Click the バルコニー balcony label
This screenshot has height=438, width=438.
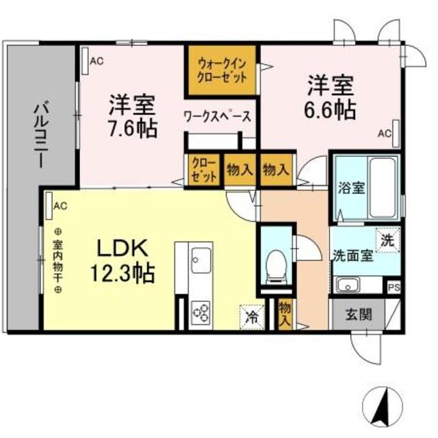pos(40,136)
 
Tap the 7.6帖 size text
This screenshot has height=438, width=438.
pos(132,127)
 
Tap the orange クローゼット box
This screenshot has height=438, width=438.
pos(203,170)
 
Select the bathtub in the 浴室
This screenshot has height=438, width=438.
pos(381,186)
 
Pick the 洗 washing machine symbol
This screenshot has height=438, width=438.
pos(387,240)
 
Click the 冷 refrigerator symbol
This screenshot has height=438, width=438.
pos(251,316)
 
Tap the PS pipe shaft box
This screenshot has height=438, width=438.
pos(394,288)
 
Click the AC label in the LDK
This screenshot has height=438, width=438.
pos(60,205)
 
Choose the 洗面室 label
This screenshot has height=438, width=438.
pos(352,255)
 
